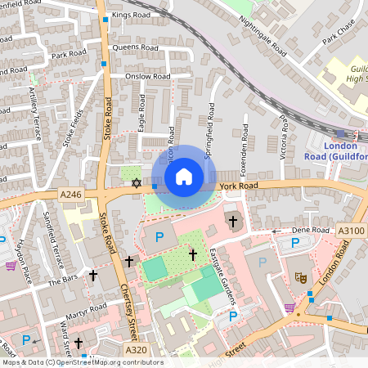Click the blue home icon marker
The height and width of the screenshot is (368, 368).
coord(184,177)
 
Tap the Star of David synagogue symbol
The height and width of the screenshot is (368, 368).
coord(137,186)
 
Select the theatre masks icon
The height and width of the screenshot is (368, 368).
coord(300,278)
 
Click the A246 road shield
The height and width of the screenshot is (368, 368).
coord(70,194)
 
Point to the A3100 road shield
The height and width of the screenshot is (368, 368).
coord(352,232)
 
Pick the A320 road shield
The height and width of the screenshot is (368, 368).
coord(136,349)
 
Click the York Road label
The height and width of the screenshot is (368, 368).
coord(238,186)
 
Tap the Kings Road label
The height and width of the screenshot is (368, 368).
coord(131,15)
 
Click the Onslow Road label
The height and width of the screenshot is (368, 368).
coord(147,76)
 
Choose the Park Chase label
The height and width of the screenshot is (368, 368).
coord(340,38)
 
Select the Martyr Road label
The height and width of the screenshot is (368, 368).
coord(88,308)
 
